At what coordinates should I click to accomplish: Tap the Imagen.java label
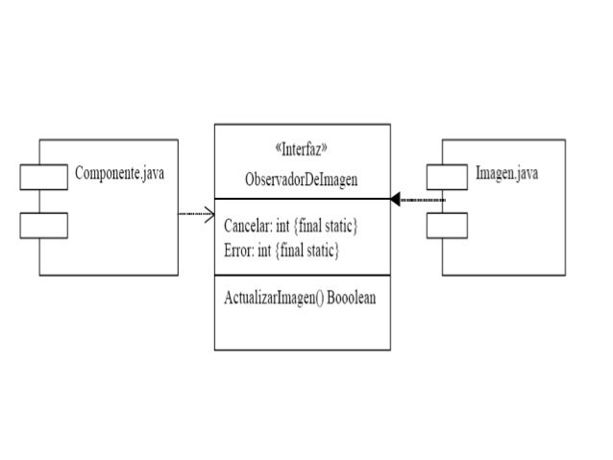tap(505, 175)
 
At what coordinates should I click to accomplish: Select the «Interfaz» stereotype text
tap(302, 150)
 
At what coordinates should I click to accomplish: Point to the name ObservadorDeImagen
tap(302, 179)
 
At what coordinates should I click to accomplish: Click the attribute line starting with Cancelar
tap(290, 229)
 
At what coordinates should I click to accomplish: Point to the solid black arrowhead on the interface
tap(395, 200)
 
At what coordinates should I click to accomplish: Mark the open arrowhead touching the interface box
tap(208, 214)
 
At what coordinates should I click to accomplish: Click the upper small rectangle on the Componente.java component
tap(43, 178)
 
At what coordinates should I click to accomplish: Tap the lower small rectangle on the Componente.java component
tap(43, 226)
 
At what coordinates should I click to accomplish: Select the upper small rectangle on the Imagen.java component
tap(447, 177)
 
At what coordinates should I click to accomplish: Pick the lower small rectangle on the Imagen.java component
tap(447, 225)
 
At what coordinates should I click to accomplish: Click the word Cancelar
tap(245, 229)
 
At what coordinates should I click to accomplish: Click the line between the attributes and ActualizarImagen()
tap(302, 277)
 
